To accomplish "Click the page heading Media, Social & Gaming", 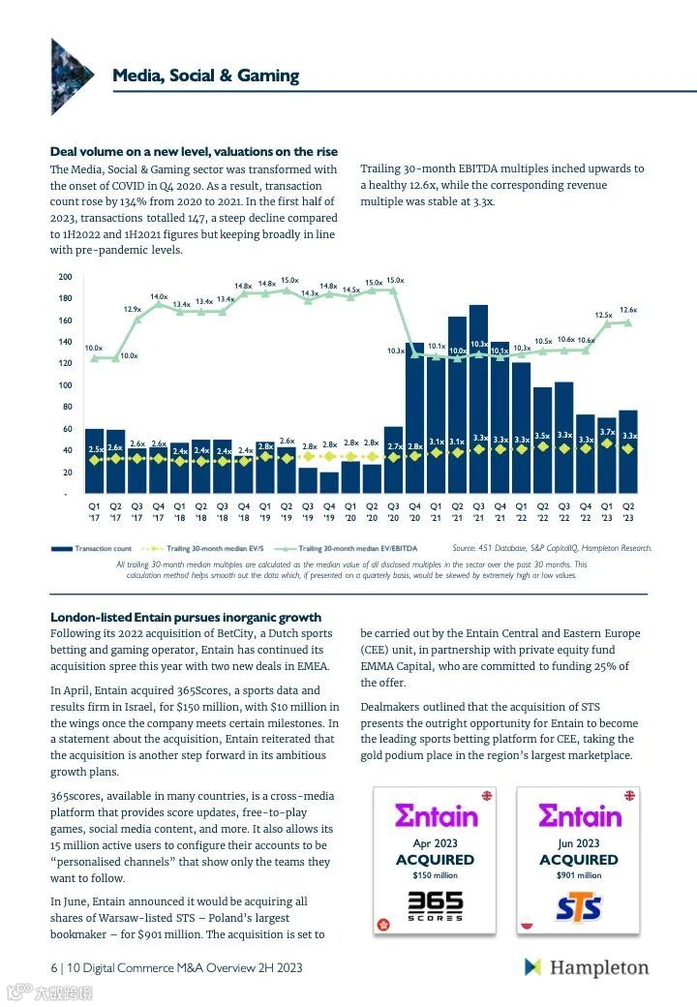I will pos(205,76).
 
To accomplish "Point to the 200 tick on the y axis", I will pos(65,277).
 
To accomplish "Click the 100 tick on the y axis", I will pos(65,385).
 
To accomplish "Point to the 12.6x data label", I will pos(628,310).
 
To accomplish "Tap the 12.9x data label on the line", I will pos(133,309).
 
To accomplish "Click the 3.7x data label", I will pos(607,432).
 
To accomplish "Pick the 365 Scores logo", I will pos(435,906).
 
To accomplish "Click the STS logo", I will pos(578,908).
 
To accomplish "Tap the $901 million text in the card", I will pos(578,875).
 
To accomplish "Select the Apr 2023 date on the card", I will pos(435,843).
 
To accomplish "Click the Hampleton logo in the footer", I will pos(587,967).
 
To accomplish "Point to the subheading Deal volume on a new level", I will pos(194,152).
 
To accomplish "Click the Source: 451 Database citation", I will pos(552,548).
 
